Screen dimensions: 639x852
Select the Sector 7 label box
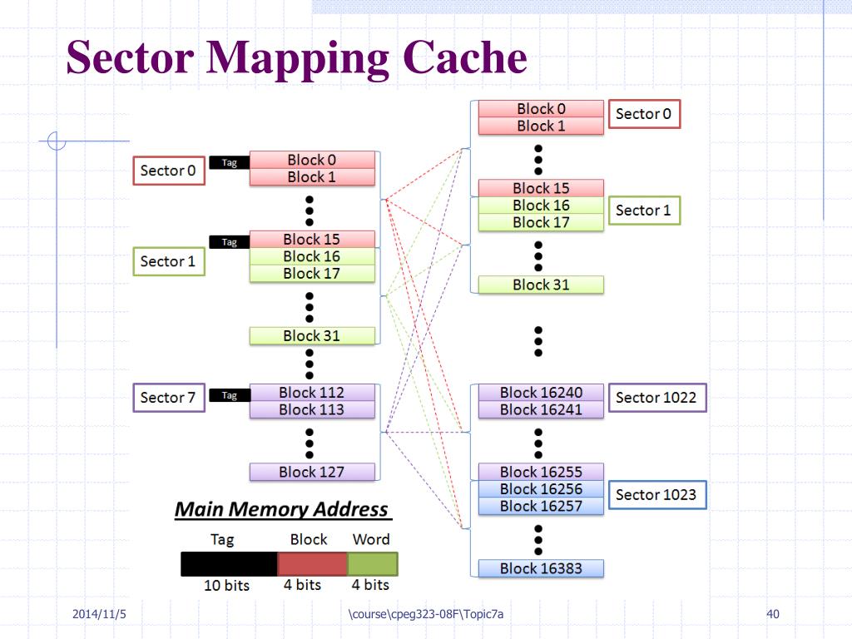[x=168, y=398]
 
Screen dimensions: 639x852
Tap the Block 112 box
[x=312, y=393]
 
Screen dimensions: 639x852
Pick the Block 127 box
[x=312, y=472]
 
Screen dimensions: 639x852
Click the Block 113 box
[x=312, y=409]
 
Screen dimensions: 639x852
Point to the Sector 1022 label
[x=656, y=398]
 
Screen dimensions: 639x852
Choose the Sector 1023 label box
[x=656, y=495]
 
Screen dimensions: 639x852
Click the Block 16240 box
[x=541, y=393]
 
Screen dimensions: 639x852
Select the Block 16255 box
[x=541, y=472]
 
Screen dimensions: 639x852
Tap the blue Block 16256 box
[x=541, y=489]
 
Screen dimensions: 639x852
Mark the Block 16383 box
[x=541, y=568]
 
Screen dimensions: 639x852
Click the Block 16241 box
[x=541, y=409]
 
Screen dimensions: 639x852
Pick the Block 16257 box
[x=541, y=506]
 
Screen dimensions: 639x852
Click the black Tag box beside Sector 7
[x=229, y=395]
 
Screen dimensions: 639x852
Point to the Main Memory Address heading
[x=282, y=509]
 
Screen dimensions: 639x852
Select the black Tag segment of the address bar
[x=229, y=564]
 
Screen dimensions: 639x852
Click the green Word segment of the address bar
[x=372, y=564]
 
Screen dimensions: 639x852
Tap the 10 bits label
[x=226, y=586]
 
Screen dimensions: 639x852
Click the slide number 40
[x=773, y=615]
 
